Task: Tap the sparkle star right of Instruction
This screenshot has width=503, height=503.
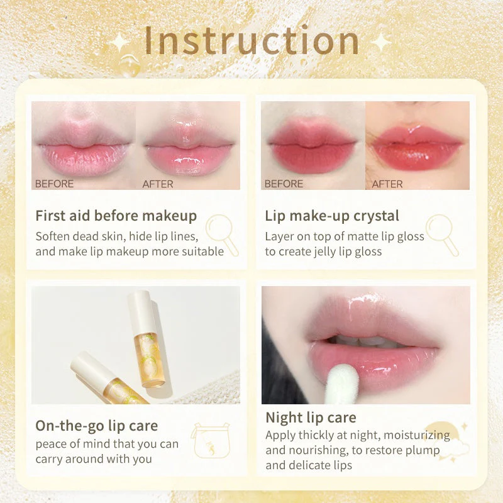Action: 381,41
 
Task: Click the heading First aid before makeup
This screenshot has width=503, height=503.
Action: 116,216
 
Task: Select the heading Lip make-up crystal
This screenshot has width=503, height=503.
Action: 332,216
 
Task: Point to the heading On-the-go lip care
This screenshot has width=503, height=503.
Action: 97,426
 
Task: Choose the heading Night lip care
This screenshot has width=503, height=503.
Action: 311,417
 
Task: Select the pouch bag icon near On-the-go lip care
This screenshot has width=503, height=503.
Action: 211,441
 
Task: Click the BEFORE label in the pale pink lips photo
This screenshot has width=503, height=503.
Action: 54,184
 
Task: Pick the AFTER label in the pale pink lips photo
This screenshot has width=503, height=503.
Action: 158,184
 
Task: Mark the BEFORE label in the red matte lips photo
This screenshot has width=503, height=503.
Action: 284,184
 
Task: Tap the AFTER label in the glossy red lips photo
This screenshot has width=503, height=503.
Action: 387,184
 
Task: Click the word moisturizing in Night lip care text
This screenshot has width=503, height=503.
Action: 417,435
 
